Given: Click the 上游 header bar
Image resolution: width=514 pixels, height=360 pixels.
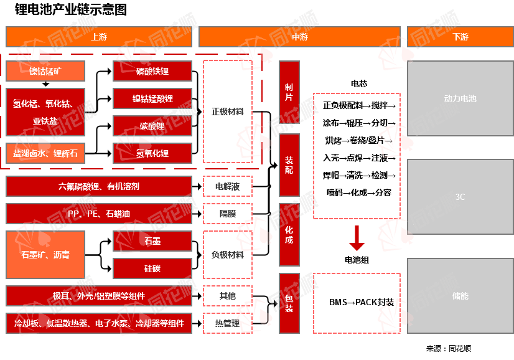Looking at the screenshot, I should coord(99,37).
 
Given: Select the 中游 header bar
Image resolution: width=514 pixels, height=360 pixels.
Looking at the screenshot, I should coord(298,37).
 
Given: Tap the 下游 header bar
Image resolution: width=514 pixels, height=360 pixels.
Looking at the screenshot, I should coord(460,37).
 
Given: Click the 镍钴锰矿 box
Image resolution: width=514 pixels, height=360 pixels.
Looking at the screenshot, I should coord(45,71).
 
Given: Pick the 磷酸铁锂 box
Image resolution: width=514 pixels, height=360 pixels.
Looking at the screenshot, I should coord(152,71).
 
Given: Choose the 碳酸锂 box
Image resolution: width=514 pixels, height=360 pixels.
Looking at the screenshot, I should coord(152,126).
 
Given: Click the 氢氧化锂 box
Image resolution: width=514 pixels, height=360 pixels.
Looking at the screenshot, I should coord(152,153).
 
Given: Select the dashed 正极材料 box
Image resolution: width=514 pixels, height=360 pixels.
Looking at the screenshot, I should coord(228,111).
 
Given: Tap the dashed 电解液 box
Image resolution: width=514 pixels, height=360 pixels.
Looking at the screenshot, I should coord(228,186).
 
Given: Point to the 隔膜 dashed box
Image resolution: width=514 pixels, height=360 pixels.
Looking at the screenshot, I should coord(228,214).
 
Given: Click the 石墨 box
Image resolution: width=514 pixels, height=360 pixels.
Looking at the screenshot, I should coord(152,241).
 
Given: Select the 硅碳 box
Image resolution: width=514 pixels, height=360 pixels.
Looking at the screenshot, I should coord(152,268).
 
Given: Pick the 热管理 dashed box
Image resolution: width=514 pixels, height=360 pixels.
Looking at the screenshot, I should coord(228,323).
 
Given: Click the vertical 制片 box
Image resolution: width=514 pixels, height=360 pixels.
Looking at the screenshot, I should coord(289,92).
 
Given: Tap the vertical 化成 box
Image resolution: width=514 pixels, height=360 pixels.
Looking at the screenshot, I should coord(289,235).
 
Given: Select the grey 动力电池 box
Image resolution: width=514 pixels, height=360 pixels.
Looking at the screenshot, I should coord(460,98).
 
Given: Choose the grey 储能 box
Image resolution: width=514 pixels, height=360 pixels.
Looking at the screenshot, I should coord(460,296).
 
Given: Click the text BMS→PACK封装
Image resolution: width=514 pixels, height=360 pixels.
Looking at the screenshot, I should coord(362,302).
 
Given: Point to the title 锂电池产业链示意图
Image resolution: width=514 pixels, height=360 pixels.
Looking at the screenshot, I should coord(71,10).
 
